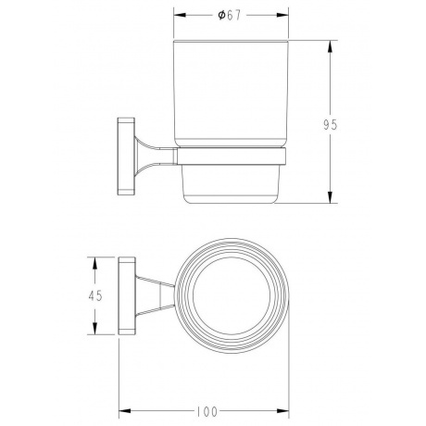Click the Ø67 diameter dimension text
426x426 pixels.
[229, 15]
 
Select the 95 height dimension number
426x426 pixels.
[331, 125]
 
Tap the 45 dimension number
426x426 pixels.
[95, 295]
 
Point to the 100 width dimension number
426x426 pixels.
[207, 411]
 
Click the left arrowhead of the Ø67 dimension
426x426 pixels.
[180, 15]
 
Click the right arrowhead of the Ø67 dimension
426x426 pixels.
[282, 15]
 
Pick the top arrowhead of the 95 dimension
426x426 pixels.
[330, 46]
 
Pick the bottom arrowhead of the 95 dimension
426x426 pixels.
[330, 197]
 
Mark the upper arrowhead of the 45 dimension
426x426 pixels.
[95, 263]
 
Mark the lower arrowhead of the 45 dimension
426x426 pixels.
[95, 328]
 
